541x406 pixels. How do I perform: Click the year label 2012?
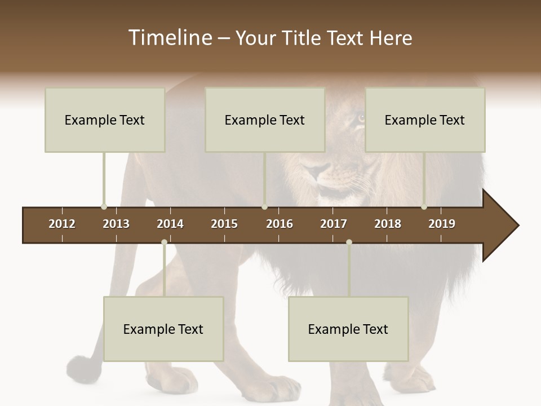pos(62,224)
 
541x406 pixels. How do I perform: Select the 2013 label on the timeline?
pos(116,224)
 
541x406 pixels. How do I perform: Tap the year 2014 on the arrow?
pos(170,224)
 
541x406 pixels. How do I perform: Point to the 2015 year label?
pos(224,224)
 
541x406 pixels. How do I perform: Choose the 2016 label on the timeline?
pos(280,224)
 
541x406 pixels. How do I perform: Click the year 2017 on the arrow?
pos(334,224)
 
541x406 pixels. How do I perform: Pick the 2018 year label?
pos(388,224)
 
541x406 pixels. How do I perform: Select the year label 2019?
pos(442,224)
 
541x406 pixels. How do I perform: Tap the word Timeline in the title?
pos(169,38)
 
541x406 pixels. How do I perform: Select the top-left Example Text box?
pos(105,120)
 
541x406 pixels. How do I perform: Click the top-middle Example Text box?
pos(265,120)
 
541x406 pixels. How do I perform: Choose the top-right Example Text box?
pos(425,120)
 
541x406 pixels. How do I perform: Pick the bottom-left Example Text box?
pos(163,329)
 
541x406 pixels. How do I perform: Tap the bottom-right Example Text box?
pos(348,329)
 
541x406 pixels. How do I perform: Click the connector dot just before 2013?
pos(104,207)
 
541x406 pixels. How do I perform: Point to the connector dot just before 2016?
pos(265,207)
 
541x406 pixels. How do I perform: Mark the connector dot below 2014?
pos(164,242)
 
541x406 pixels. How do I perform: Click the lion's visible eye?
pos(361,118)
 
